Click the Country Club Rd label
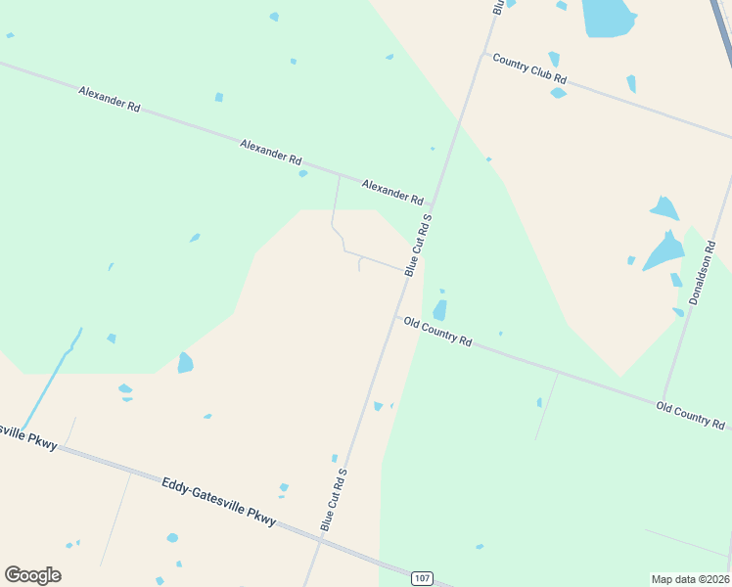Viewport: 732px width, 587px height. [x=529, y=68]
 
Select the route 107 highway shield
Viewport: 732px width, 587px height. [x=422, y=578]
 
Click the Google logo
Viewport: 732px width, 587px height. [x=32, y=575]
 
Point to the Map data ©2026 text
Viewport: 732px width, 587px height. [x=691, y=578]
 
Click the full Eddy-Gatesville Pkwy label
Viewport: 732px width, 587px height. [x=219, y=499]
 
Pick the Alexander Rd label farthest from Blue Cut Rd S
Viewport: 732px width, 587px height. [x=108, y=98]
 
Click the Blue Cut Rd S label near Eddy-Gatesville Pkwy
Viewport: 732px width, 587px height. [x=334, y=499]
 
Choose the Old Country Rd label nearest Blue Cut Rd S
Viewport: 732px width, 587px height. [x=438, y=332]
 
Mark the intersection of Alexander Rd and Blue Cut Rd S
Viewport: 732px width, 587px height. [x=435, y=205]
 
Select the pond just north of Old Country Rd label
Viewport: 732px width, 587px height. [x=439, y=310]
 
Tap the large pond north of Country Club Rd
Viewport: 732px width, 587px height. [x=607, y=18]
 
